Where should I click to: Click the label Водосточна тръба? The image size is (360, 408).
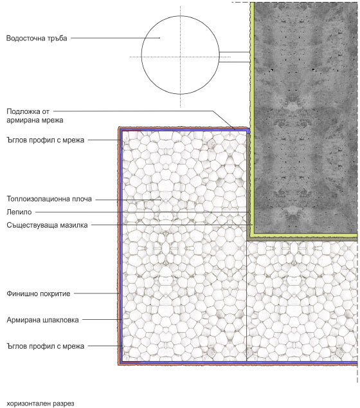coord(37,39)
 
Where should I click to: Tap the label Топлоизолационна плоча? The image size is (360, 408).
coord(49,199)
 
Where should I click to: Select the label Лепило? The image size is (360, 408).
coord(19,212)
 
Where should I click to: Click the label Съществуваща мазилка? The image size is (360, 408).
coord(47,225)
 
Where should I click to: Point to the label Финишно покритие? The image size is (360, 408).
coord(39,293)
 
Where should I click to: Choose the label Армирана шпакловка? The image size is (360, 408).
coord(42,320)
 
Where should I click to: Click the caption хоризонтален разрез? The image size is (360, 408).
coord(40,403)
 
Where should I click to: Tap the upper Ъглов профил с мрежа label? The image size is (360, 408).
coord(46,140)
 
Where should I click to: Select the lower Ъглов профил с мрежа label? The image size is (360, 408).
coord(46,346)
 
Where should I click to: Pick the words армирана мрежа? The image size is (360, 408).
coord(35,120)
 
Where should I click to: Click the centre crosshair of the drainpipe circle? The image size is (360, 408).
coord(181,57)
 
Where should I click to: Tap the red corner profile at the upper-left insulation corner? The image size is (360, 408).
coord(123,132)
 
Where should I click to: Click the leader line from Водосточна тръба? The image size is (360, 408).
coord(116,38)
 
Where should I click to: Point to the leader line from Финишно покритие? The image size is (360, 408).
coord(96,293)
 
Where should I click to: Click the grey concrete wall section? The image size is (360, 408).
coord(305,118)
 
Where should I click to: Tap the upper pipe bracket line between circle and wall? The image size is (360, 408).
coord(235,52)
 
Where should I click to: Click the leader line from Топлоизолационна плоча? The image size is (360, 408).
coord(128,199)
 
